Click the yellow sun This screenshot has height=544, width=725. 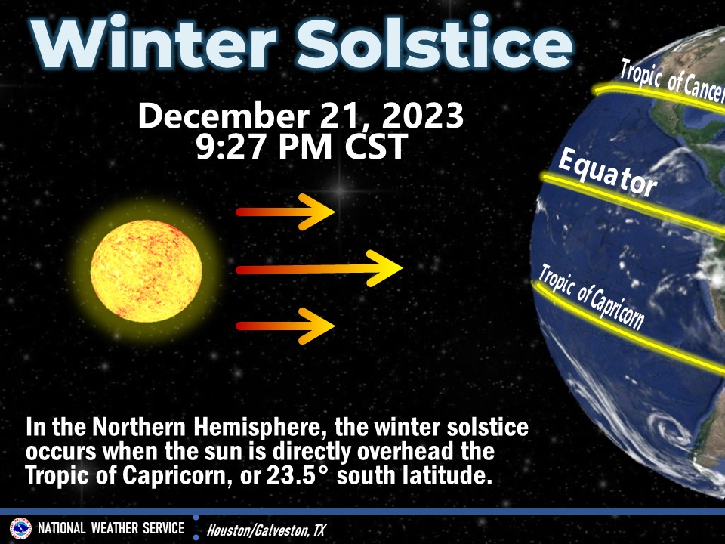147,269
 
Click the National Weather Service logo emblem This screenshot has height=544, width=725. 20,528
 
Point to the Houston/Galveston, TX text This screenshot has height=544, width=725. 266,530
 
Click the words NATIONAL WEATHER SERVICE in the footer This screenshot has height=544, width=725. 111,528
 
